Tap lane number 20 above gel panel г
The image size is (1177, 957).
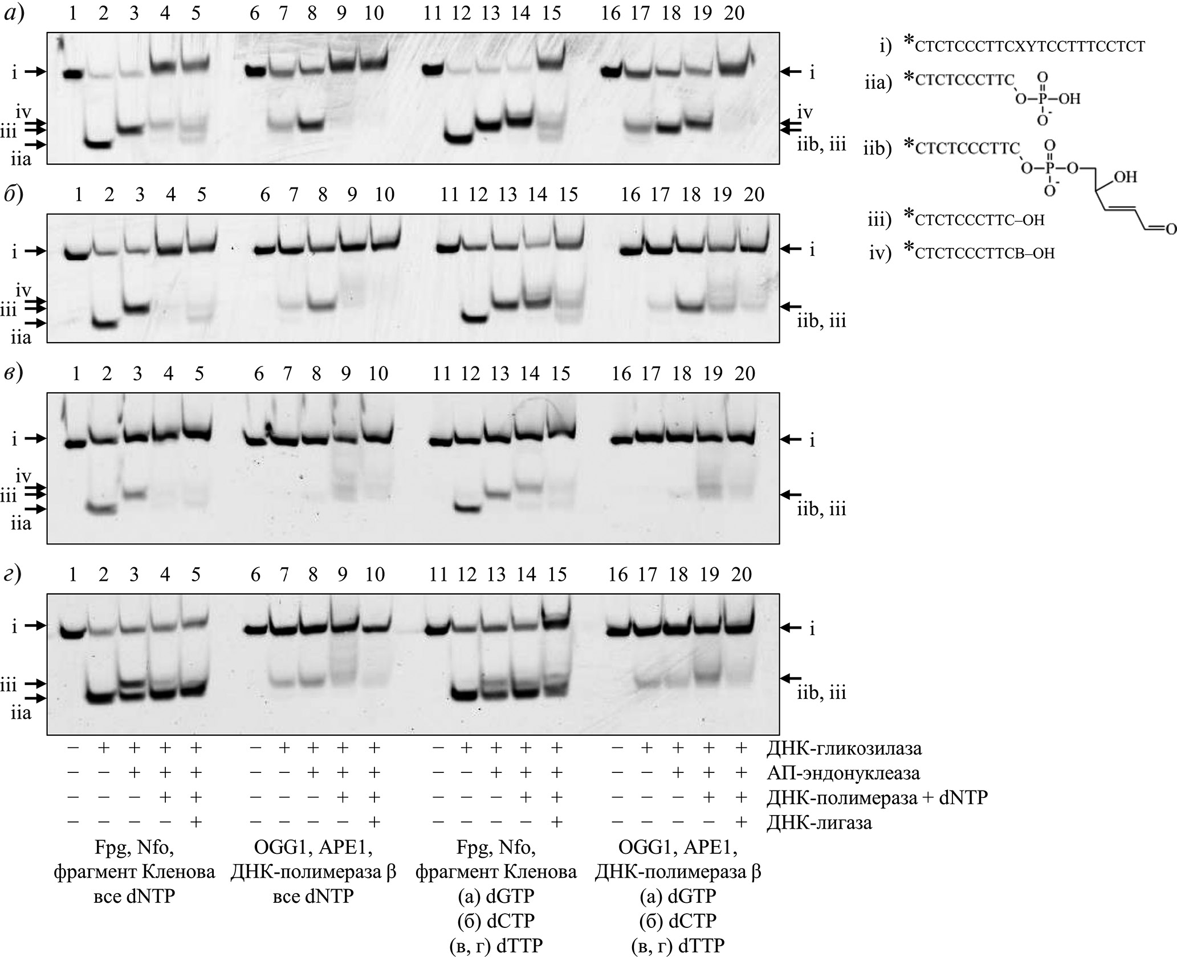click(x=742, y=574)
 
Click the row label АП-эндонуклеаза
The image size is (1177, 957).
click(x=844, y=773)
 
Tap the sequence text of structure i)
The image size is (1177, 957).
click(x=1029, y=47)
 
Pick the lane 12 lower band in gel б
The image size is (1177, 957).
click(x=474, y=318)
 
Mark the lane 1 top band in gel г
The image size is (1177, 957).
click(x=72, y=633)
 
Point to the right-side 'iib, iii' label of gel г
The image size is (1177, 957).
click(x=821, y=693)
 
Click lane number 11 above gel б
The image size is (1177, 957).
click(x=450, y=195)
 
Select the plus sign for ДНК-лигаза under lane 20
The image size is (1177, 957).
click(x=741, y=822)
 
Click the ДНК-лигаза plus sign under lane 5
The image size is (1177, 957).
click(x=196, y=822)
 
